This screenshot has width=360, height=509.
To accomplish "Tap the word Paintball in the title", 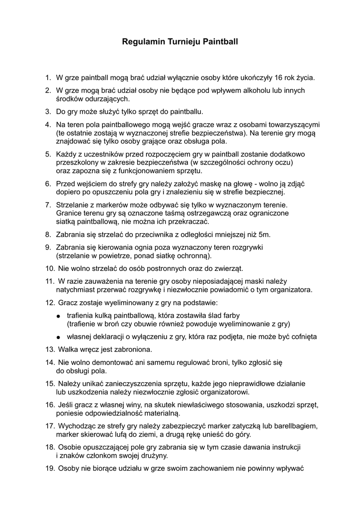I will point(220,42).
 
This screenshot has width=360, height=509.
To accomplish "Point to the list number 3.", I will point(48,111).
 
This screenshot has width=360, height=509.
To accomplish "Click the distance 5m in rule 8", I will point(265,234).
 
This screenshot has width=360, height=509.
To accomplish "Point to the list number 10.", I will point(49,269).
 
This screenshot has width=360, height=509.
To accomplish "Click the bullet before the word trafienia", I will point(59,316).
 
